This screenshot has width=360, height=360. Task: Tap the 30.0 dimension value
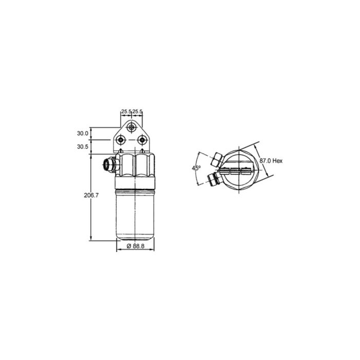[82, 133]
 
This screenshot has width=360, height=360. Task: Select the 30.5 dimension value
[82, 147]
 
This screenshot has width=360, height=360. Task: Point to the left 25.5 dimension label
[126, 111]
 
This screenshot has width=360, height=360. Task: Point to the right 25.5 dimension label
[138, 111]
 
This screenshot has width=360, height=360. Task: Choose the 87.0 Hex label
[271, 161]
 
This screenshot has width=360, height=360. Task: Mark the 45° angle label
[195, 168]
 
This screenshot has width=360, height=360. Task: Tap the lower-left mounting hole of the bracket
[121, 139]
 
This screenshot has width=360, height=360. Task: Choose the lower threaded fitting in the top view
[211, 179]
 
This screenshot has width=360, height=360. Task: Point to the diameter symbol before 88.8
[127, 247]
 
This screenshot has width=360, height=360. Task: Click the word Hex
[278, 161]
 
